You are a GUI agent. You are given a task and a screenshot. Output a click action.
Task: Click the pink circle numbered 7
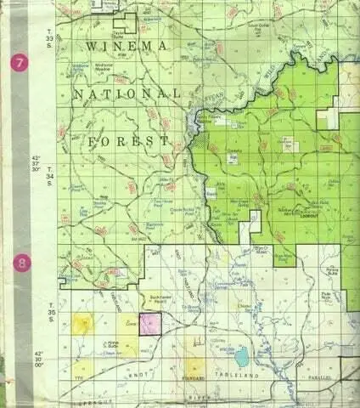click(x=20, y=63)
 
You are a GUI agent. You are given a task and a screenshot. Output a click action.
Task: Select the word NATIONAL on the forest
click(x=127, y=93)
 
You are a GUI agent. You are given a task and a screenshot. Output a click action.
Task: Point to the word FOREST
click(x=128, y=140)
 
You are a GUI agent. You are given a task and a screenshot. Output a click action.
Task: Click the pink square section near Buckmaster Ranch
click(x=150, y=324)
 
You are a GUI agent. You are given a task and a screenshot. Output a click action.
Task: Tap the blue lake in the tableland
click(x=242, y=356)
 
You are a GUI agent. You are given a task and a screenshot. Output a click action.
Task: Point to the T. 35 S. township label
click(x=52, y=311)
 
